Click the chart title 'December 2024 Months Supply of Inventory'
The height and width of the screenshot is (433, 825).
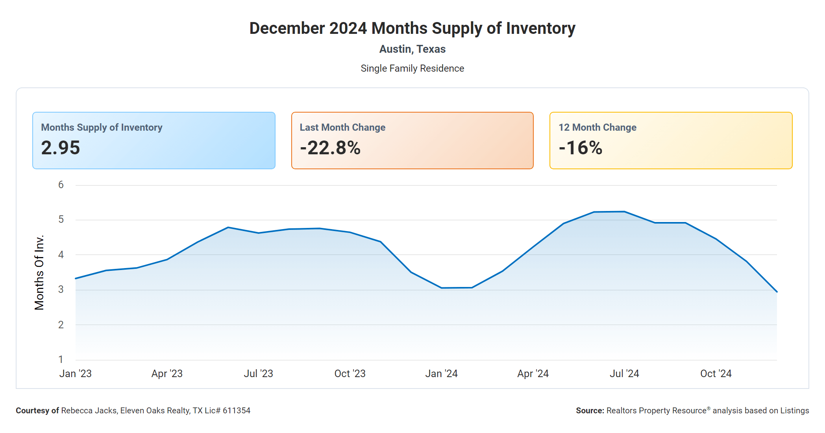point(412,28)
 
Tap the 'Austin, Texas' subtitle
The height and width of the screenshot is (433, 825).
point(412,49)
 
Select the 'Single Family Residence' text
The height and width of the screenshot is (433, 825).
point(412,68)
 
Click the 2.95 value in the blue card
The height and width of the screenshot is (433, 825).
point(61,148)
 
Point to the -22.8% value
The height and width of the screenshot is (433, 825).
point(330,148)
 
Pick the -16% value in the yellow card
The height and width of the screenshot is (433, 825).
point(581,148)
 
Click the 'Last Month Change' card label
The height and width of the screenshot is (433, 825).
point(342,128)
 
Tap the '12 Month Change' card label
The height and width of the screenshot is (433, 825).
point(597,128)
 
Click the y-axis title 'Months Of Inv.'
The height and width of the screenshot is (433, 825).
point(39,272)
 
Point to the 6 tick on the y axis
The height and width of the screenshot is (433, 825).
point(61,185)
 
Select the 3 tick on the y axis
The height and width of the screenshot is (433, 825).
point(61,290)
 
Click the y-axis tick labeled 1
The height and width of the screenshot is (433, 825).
point(61,359)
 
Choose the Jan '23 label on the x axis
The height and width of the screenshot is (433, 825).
point(75,374)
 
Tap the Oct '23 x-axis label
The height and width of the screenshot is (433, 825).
point(350,374)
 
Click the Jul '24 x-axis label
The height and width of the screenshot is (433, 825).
point(624,374)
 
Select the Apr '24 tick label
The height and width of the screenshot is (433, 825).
point(533,374)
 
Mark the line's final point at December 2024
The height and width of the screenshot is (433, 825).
point(777,292)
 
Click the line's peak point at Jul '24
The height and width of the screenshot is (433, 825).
point(624,212)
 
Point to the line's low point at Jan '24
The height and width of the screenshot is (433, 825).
point(441,288)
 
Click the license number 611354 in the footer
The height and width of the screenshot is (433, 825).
point(236,411)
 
